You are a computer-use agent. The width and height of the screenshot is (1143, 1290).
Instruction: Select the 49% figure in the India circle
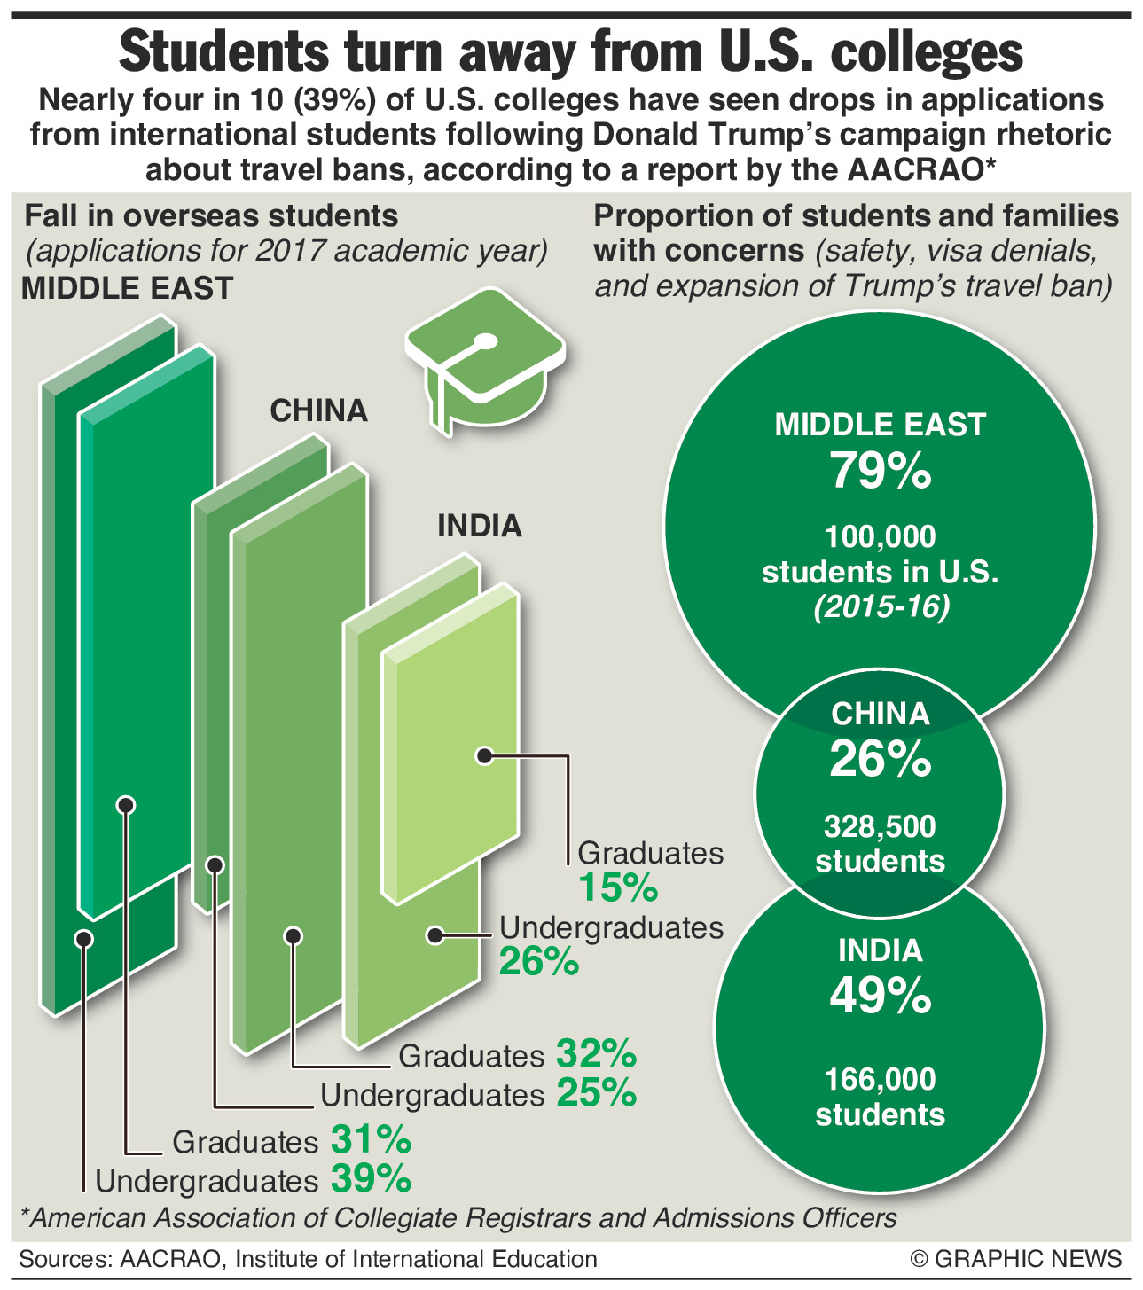880,997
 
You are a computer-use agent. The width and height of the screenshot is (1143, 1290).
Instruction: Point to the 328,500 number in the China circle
880,827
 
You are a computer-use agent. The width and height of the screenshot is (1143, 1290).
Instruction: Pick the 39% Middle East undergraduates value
371,1179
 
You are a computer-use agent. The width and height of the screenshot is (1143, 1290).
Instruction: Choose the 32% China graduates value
596,1054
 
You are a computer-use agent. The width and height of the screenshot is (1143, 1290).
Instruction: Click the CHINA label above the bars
318,410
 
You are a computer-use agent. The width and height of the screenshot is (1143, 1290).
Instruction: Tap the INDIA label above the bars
480,526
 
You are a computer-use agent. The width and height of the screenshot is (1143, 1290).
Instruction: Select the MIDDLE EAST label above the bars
127,288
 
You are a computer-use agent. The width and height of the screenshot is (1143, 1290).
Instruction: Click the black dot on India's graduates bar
484,755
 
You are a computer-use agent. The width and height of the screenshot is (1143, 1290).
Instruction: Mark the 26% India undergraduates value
539,961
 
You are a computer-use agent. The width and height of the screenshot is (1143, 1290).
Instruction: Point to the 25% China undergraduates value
596,1093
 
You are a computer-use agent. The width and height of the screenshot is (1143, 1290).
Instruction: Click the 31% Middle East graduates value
371,1139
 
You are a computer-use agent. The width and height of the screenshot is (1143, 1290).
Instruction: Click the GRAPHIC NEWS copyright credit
1015,1259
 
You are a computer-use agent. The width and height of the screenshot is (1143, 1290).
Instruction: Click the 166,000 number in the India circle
880,1079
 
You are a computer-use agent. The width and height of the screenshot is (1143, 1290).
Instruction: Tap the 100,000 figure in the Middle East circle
880,536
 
